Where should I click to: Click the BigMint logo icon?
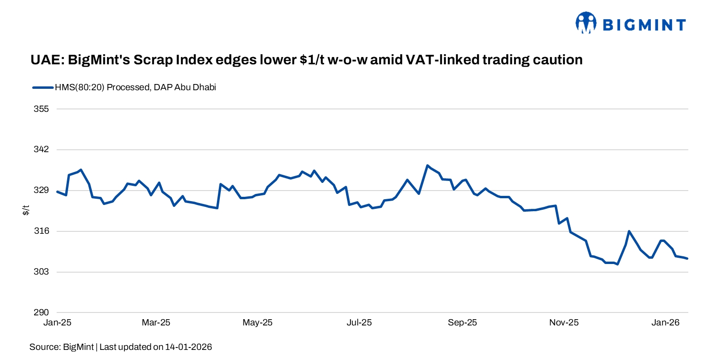pos(586,23)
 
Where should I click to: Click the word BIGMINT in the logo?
pos(644,24)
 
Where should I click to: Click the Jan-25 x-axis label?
pos(57,323)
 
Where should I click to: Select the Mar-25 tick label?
pos(156,323)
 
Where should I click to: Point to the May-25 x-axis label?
pos(258,323)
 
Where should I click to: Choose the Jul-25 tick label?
pos(359,323)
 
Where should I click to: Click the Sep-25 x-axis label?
pos(462,323)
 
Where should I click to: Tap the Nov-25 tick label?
pos(564,323)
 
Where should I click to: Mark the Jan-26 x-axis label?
pos(665,323)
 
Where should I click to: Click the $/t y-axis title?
pos(26,210)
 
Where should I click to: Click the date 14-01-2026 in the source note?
pos(188,347)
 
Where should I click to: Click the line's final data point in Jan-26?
pos(687,259)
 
